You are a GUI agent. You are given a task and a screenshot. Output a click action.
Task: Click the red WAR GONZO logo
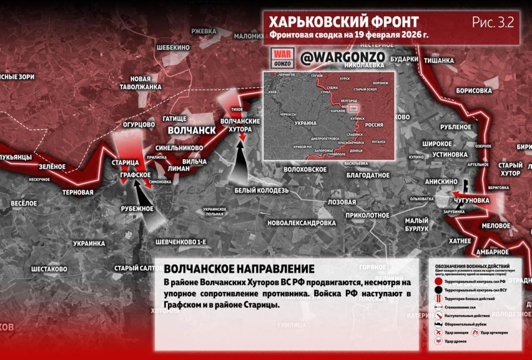coord(280,58)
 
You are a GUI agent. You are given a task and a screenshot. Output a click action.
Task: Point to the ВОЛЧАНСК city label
coord(191,130)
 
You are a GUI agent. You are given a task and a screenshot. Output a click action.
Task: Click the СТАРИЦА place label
coord(125,163)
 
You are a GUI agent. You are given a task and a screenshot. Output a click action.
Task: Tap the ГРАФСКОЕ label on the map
coord(136,175)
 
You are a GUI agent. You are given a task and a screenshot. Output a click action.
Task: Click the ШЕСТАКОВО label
coord(49,269)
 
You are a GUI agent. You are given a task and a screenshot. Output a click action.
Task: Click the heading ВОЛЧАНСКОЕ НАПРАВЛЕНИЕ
coord(239,269)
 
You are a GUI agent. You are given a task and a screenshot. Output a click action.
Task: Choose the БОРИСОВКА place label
coord(474,90)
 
